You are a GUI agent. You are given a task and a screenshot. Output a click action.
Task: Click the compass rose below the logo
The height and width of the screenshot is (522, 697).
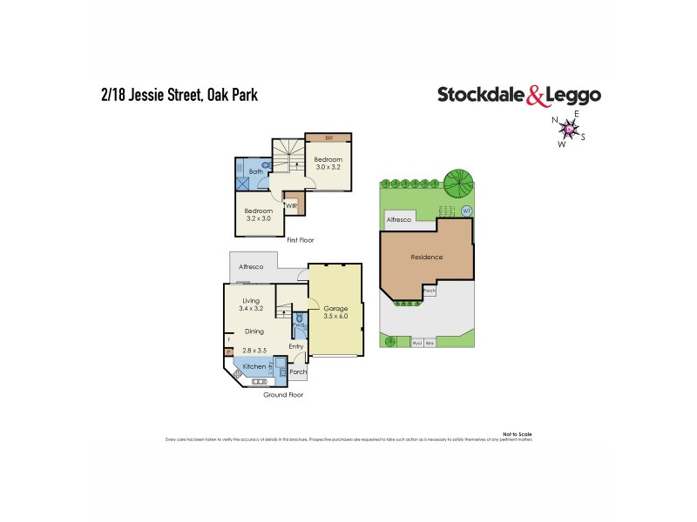[x=570, y=130]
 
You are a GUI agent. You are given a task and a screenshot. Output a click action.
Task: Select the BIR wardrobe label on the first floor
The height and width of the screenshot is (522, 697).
[x=328, y=137]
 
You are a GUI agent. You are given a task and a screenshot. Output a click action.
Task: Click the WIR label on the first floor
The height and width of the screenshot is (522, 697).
[x=290, y=205]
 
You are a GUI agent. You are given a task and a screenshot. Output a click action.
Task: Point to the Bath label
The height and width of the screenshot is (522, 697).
[x=256, y=171]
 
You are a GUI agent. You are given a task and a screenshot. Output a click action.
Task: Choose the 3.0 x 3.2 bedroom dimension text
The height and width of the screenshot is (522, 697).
[x=328, y=168]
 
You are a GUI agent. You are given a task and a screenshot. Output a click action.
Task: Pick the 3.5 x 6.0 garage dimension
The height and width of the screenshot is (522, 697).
[x=335, y=317]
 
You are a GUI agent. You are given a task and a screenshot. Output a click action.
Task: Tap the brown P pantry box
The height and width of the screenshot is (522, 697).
[x=229, y=351]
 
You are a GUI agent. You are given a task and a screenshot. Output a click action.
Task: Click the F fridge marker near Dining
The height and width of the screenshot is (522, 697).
[x=229, y=339]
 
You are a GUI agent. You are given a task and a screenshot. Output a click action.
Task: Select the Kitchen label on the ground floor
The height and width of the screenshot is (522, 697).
[x=254, y=366]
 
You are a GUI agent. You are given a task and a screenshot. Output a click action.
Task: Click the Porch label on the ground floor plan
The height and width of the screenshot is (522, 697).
[x=298, y=371]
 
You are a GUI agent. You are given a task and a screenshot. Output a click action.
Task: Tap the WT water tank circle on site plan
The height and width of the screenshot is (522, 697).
[x=466, y=211]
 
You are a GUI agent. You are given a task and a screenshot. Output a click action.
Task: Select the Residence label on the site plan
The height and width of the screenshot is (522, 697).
[x=427, y=257]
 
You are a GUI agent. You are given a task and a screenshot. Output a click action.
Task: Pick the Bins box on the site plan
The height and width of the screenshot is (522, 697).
[x=430, y=343]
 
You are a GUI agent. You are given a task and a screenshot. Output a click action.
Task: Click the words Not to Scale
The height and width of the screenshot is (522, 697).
[x=518, y=433]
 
